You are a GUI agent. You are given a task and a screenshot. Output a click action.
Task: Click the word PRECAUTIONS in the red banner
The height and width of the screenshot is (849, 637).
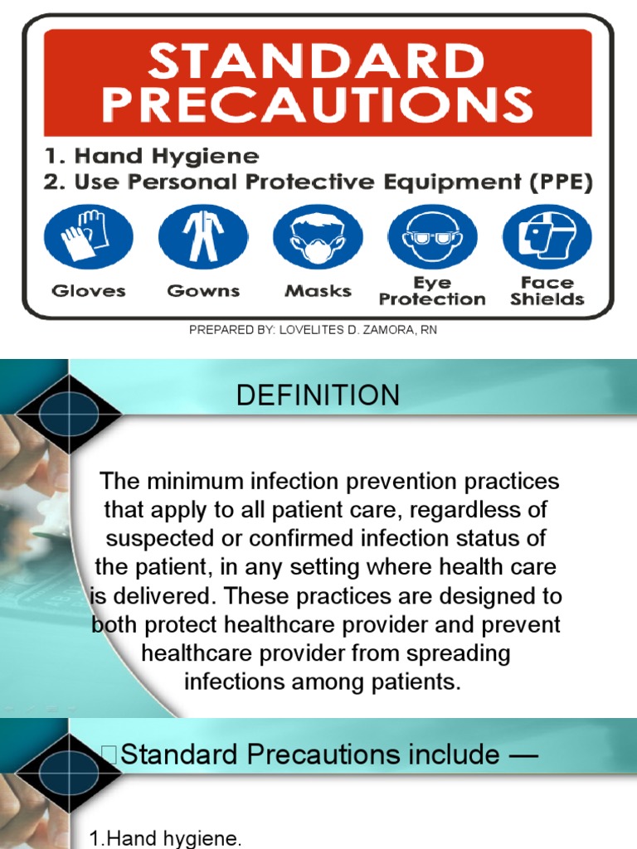click(x=318, y=105)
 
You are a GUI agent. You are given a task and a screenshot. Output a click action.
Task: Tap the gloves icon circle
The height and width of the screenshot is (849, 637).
click(x=89, y=236)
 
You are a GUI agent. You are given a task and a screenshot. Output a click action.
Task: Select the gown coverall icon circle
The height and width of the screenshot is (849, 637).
click(x=203, y=236)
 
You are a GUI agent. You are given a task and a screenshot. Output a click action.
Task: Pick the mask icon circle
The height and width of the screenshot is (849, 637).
click(x=318, y=236)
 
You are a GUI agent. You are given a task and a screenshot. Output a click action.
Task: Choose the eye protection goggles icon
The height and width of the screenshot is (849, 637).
click(x=432, y=236)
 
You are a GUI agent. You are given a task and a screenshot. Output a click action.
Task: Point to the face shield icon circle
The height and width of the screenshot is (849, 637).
click(x=547, y=236)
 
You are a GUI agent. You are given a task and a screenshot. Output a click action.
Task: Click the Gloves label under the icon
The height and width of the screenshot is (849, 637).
click(x=89, y=291)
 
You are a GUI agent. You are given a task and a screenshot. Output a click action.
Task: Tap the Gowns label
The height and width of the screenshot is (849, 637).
click(x=203, y=291)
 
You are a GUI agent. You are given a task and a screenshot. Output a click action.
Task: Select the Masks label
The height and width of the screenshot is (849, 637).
click(x=318, y=291)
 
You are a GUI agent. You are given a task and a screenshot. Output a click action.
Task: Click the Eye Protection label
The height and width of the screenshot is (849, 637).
click(x=432, y=291)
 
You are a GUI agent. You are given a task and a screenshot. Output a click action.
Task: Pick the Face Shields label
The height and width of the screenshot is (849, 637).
click(x=547, y=291)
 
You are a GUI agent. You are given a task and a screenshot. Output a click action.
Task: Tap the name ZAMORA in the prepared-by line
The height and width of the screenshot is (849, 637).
click(x=378, y=330)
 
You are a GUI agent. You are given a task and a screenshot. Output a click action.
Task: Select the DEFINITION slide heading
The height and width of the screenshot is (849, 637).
click(x=318, y=395)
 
